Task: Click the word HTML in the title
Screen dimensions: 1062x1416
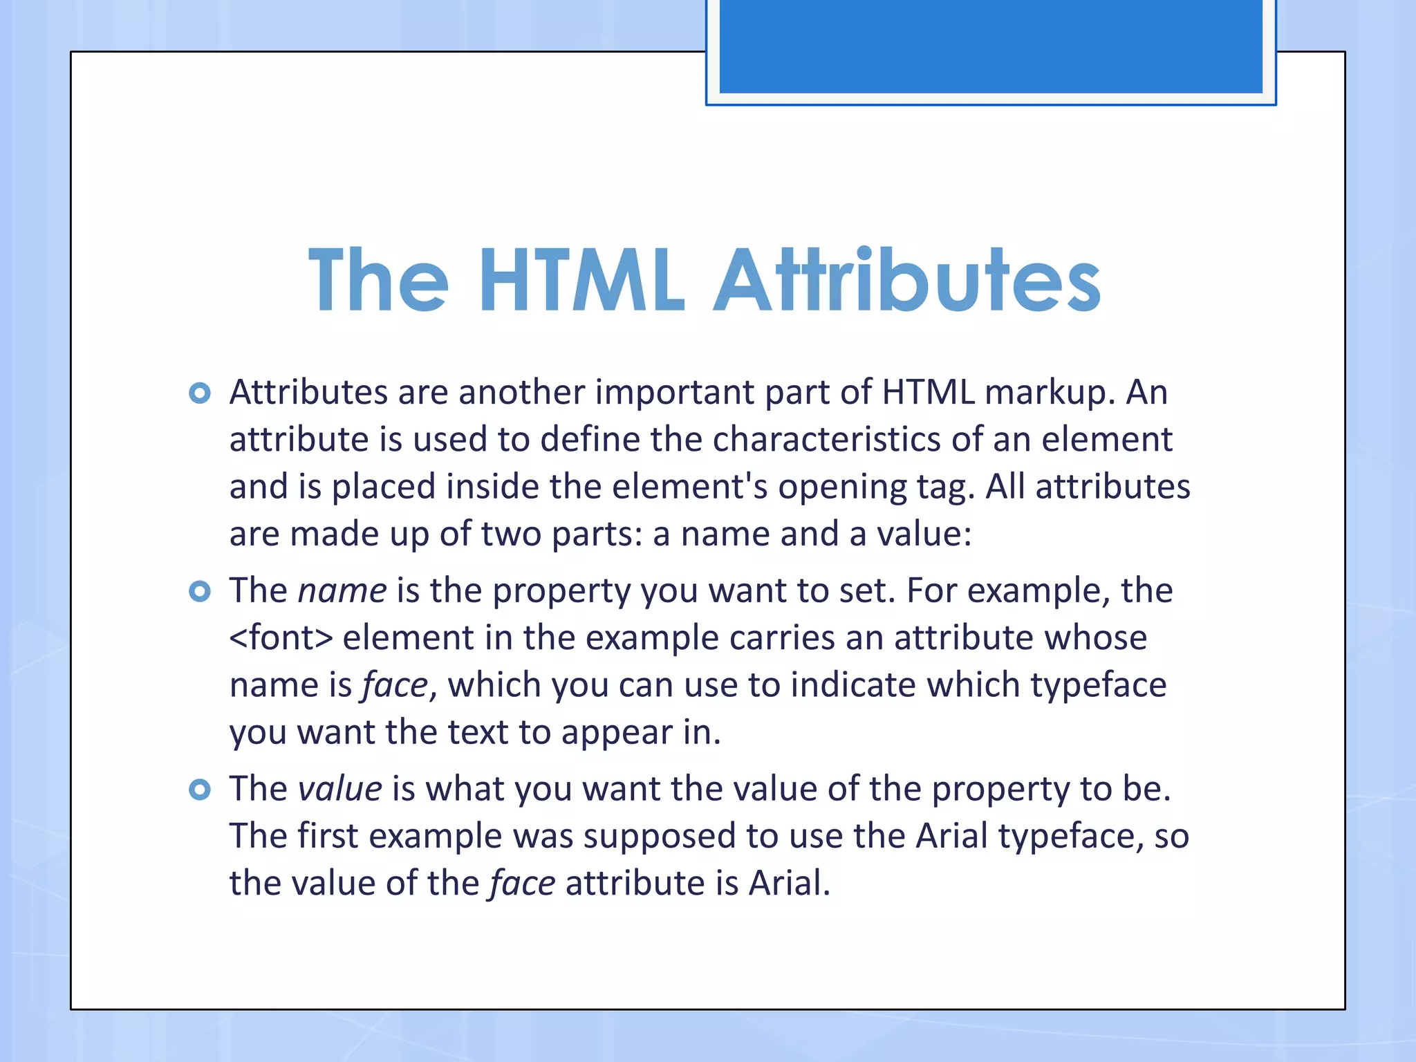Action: (x=581, y=280)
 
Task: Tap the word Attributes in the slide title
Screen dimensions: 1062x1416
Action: (x=906, y=280)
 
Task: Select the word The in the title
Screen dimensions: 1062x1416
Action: (x=378, y=280)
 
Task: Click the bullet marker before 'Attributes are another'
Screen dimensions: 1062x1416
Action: (x=200, y=393)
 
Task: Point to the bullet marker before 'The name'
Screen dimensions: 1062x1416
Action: (x=200, y=591)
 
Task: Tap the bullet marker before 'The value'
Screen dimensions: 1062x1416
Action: (x=200, y=789)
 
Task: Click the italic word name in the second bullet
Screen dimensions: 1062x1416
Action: (x=342, y=591)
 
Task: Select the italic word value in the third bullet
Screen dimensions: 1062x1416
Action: (x=339, y=789)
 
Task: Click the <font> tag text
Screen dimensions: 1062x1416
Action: (x=281, y=637)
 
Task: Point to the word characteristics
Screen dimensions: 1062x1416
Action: (x=826, y=440)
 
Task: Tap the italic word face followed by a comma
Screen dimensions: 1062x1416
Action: (x=395, y=686)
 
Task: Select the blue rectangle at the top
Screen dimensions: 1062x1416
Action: (x=991, y=46)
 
